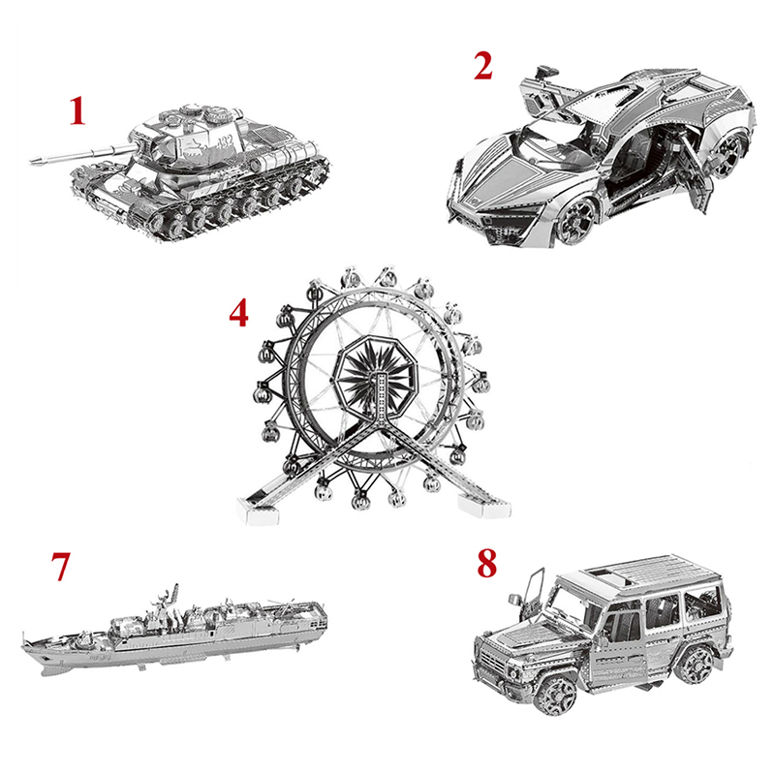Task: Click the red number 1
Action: [77, 110]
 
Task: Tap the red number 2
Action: [482, 66]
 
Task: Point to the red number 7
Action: [61, 567]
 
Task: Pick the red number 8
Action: [487, 564]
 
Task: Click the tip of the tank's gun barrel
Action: [31, 160]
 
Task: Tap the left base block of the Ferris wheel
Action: [256, 512]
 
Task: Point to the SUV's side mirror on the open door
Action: [515, 600]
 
